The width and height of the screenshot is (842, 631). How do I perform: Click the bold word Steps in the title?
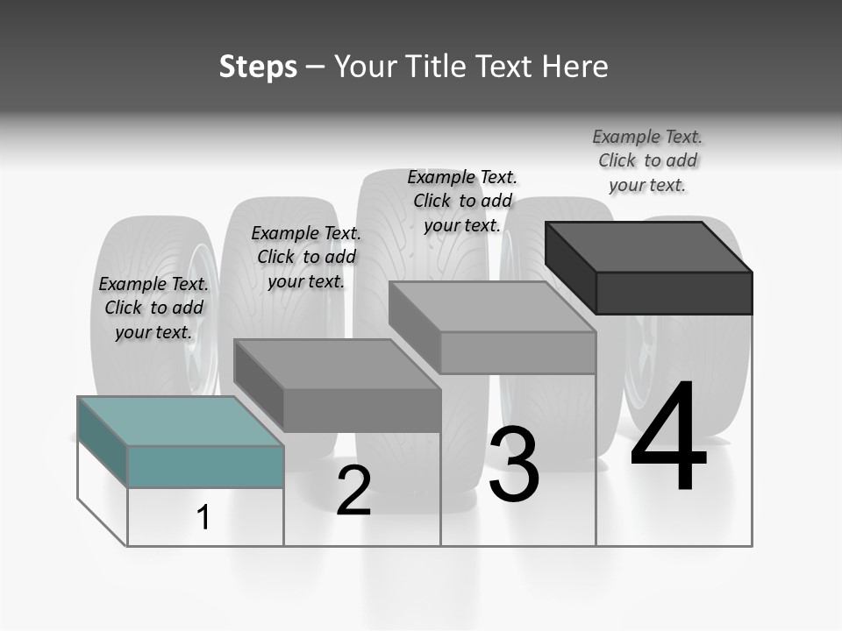point(258,67)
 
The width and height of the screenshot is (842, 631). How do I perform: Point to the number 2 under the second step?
point(353,491)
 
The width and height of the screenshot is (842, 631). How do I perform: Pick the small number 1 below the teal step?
point(203,517)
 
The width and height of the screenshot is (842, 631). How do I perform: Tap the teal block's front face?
point(205,466)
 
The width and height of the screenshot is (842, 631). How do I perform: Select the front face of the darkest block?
point(674,293)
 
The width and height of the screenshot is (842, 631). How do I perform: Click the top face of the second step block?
point(337,364)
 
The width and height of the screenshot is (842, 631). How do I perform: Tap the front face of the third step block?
point(517,353)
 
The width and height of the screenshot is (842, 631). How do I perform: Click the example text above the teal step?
point(153,308)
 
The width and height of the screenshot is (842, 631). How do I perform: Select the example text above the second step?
point(306,257)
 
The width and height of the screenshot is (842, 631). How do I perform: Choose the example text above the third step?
point(462,201)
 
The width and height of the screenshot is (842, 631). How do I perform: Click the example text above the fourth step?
point(647,160)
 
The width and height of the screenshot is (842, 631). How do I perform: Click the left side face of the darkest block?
point(570,267)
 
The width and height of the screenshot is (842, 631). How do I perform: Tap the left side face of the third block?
point(414,327)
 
